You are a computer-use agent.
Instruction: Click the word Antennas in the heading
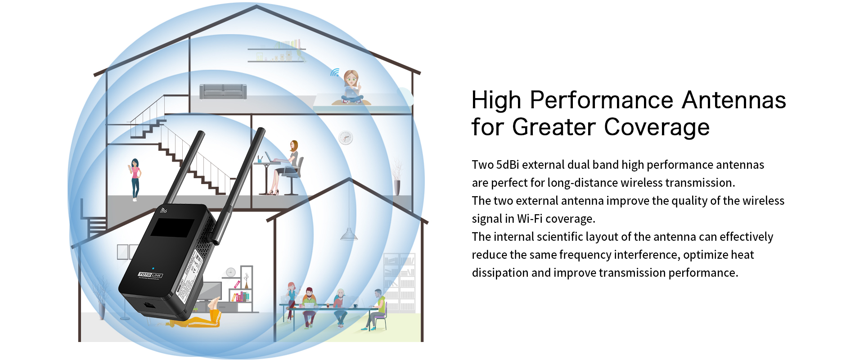point(734,100)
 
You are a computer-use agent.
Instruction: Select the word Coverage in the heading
point(657,127)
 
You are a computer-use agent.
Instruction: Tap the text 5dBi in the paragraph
point(508,165)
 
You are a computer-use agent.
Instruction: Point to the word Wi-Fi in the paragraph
point(530,219)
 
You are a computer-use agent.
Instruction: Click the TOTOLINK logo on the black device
point(150,275)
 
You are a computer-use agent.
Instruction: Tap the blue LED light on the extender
point(153,269)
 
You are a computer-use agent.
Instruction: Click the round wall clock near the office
point(346,138)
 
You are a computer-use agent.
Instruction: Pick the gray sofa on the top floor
point(223,91)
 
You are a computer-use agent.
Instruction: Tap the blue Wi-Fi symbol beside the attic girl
point(335,72)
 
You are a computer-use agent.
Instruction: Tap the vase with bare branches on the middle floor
point(396,178)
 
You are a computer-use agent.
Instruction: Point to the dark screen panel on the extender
point(172,228)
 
